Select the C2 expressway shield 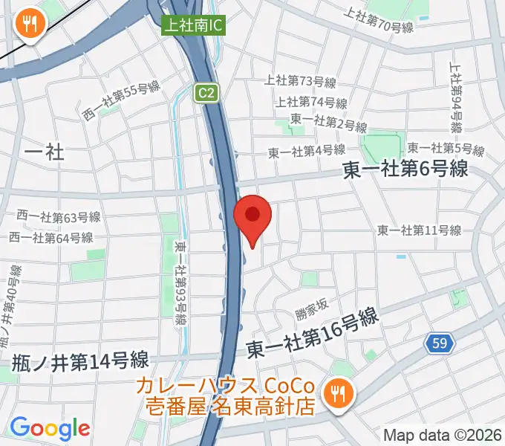208,92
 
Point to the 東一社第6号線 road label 405,170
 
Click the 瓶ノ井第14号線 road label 80,362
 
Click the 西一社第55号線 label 121,100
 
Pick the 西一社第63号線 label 59,218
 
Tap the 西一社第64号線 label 51,238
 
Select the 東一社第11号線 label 419,230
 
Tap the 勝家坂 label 310,304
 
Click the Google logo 50,427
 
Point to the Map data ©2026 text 442,436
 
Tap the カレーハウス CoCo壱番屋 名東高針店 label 231,397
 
